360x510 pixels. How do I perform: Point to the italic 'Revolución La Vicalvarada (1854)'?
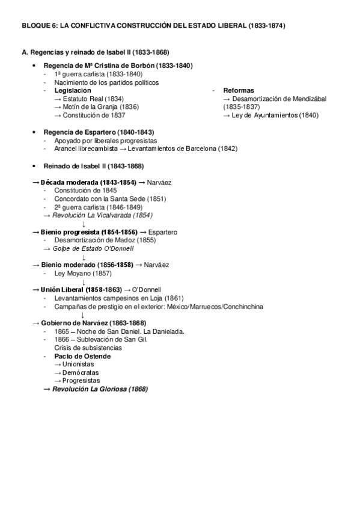102,215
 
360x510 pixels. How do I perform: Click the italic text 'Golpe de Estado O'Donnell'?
93,248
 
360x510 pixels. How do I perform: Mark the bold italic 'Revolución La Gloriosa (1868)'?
100,389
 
